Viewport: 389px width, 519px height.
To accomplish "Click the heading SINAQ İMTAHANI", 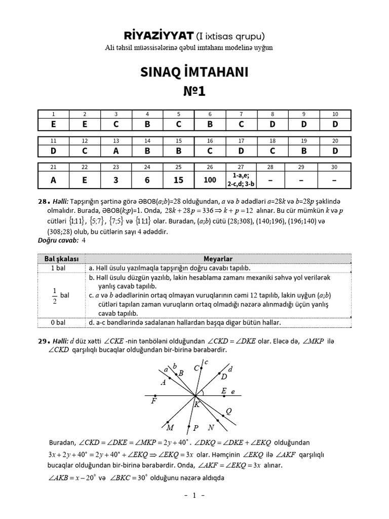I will click(x=194, y=72).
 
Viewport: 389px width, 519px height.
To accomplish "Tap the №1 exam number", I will click(x=194, y=92).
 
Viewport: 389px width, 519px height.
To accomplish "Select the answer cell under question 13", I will click(x=116, y=151).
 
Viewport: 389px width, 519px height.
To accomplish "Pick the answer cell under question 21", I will click(x=53, y=179).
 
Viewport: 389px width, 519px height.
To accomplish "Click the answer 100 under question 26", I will click(x=210, y=179).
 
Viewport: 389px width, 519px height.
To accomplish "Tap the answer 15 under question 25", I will click(x=178, y=179).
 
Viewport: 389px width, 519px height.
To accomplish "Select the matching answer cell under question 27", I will click(x=241, y=179).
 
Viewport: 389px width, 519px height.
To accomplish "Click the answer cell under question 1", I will click(x=53, y=123).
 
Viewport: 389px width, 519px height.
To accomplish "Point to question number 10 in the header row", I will click(x=335, y=114).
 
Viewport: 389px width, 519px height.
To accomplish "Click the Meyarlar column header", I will click(x=218, y=259).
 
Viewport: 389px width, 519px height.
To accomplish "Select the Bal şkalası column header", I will click(x=60, y=259).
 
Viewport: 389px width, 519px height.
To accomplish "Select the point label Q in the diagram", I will click(x=228, y=412).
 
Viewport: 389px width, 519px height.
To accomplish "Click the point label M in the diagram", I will click(x=170, y=428).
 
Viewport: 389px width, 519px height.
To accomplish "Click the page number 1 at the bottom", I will click(x=194, y=496).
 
